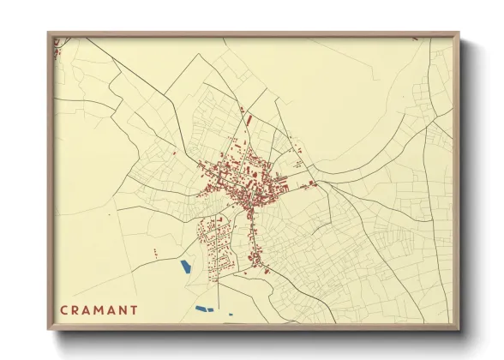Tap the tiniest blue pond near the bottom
tap(230, 314)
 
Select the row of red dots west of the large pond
tap(156, 252)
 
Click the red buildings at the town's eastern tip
tap(313, 183)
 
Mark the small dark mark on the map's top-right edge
tap(415, 39)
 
